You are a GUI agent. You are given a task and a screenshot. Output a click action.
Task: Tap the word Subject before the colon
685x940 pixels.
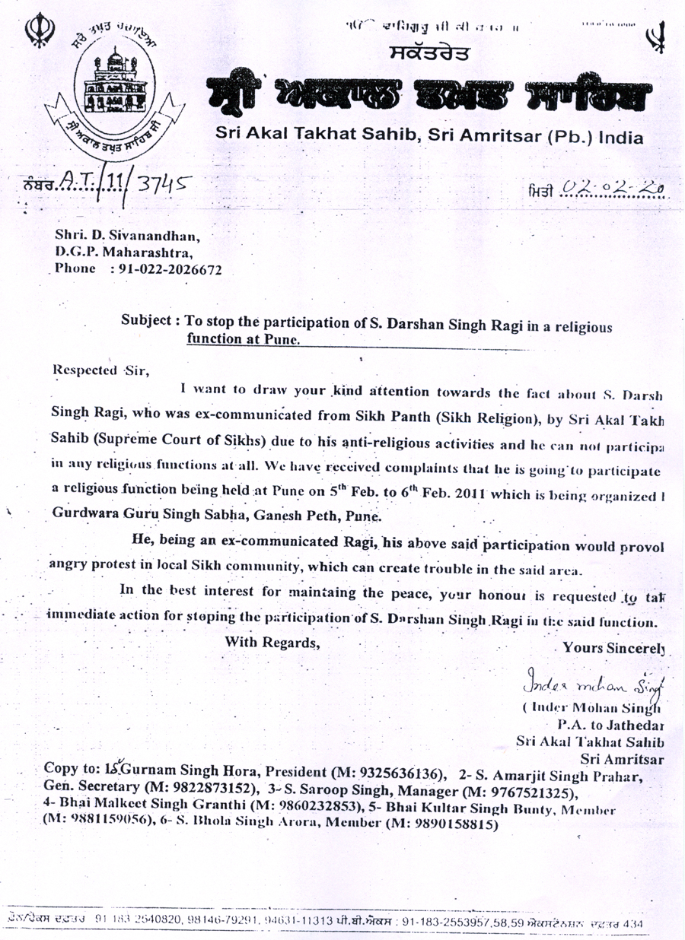pyautogui.click(x=148, y=322)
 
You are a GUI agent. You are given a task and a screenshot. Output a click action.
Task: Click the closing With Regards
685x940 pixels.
pyautogui.click(x=271, y=641)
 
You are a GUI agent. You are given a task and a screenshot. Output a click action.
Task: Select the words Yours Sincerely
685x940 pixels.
pyautogui.click(x=613, y=648)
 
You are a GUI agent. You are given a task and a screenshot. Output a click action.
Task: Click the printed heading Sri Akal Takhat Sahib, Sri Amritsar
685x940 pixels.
pyautogui.click(x=429, y=137)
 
